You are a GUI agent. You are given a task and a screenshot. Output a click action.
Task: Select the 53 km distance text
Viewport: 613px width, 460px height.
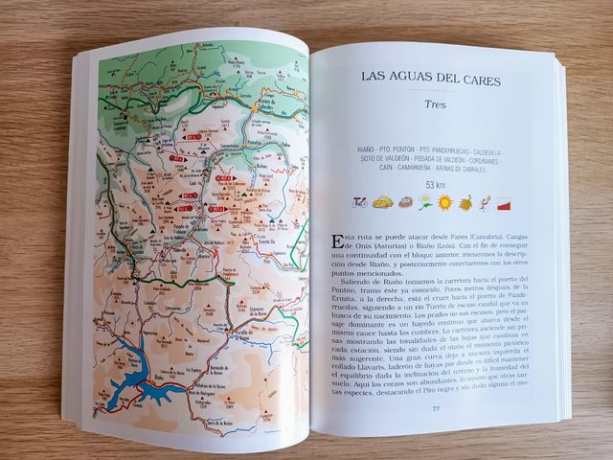tap(436, 184)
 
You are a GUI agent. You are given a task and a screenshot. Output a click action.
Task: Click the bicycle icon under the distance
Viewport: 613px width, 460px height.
tap(360, 202)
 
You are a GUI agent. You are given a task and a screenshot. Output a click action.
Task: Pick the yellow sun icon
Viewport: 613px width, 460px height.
tap(444, 202)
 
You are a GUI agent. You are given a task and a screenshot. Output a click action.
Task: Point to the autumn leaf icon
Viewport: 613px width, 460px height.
tap(466, 202)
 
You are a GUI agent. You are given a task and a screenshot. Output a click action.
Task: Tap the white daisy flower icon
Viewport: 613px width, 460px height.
tap(424, 202)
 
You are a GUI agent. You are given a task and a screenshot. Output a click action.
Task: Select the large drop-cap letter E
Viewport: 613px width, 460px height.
tap(334, 240)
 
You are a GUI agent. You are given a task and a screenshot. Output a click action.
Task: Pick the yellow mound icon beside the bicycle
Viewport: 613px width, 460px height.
tap(382, 203)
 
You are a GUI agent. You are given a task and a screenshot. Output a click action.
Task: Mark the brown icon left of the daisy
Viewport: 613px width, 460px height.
tap(404, 203)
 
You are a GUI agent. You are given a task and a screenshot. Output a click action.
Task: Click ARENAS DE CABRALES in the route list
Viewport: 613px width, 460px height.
tap(465, 170)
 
